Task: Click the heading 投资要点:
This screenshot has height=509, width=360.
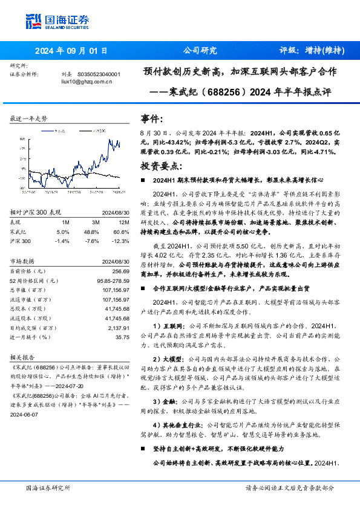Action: click(x=160, y=166)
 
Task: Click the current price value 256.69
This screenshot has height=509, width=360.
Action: click(x=114, y=272)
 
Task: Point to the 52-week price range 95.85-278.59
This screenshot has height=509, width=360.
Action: click(x=106, y=280)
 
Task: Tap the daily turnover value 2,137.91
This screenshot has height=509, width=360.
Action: click(x=110, y=327)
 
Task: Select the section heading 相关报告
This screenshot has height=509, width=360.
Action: click(x=22, y=357)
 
